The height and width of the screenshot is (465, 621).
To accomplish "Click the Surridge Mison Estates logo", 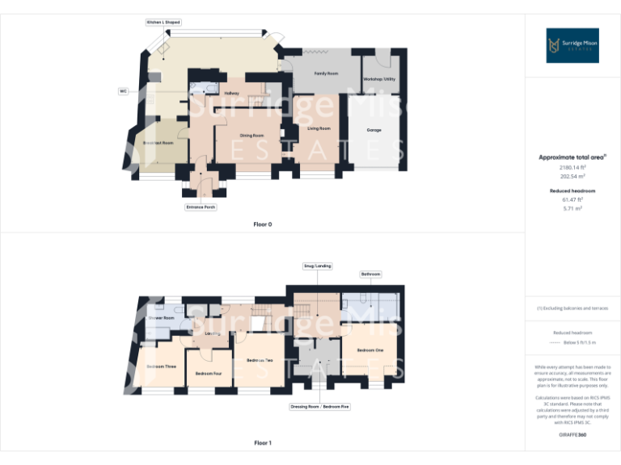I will pos(572,45).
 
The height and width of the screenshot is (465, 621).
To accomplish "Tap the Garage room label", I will pos(374,130).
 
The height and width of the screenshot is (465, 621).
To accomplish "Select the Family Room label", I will pos(326,73).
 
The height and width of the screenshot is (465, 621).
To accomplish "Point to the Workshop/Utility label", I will pos(378,79).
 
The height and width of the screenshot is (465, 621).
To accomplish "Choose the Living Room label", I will pos(319,128).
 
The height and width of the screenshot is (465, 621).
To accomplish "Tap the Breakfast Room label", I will pos(158,142).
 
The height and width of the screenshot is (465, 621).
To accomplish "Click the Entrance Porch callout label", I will pos(201,207).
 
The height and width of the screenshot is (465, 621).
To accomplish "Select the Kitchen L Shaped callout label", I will pos(163,23).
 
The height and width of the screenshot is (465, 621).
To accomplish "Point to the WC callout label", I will pos(124,91).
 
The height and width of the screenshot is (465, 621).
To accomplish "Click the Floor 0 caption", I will pos(263,224).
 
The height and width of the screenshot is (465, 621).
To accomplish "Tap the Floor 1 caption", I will pos(263,443).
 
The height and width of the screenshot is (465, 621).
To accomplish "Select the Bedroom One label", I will pos(370,350).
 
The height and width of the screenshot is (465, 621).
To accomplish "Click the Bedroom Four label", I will pos(209,374).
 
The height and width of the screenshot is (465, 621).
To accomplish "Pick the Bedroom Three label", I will pos(161,367).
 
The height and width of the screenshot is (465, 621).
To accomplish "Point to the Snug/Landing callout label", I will pos(317,266).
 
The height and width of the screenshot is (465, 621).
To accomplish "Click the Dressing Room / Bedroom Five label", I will pos(320,407).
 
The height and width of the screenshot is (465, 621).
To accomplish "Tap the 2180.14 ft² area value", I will pos(572,166).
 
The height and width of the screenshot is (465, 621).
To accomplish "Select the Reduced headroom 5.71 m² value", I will pos(572,207).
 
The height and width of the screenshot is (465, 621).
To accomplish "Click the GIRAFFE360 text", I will pos(572,435).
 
